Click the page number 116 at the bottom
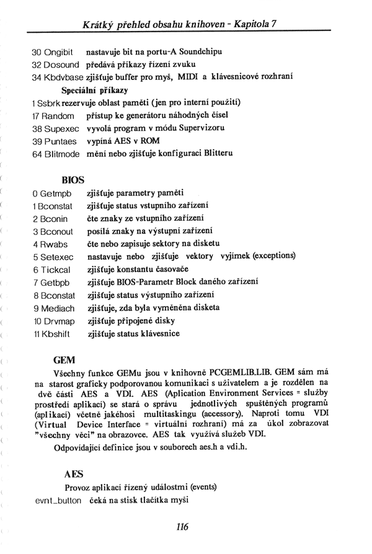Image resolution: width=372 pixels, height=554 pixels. pos(182,527)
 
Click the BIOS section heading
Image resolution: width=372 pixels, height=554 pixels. pos(73,180)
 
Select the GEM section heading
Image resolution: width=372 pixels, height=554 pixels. pos(64,359)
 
